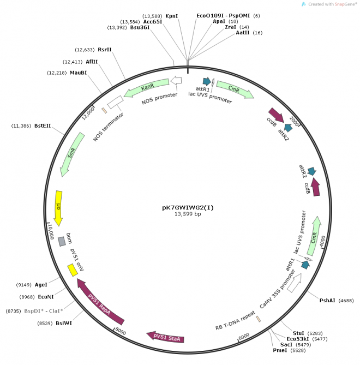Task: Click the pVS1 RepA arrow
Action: tap(100, 302)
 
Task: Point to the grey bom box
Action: tap(62, 240)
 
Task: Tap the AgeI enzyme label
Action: tap(41, 284)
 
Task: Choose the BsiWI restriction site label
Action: tap(63, 323)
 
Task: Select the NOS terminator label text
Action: tap(109, 127)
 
